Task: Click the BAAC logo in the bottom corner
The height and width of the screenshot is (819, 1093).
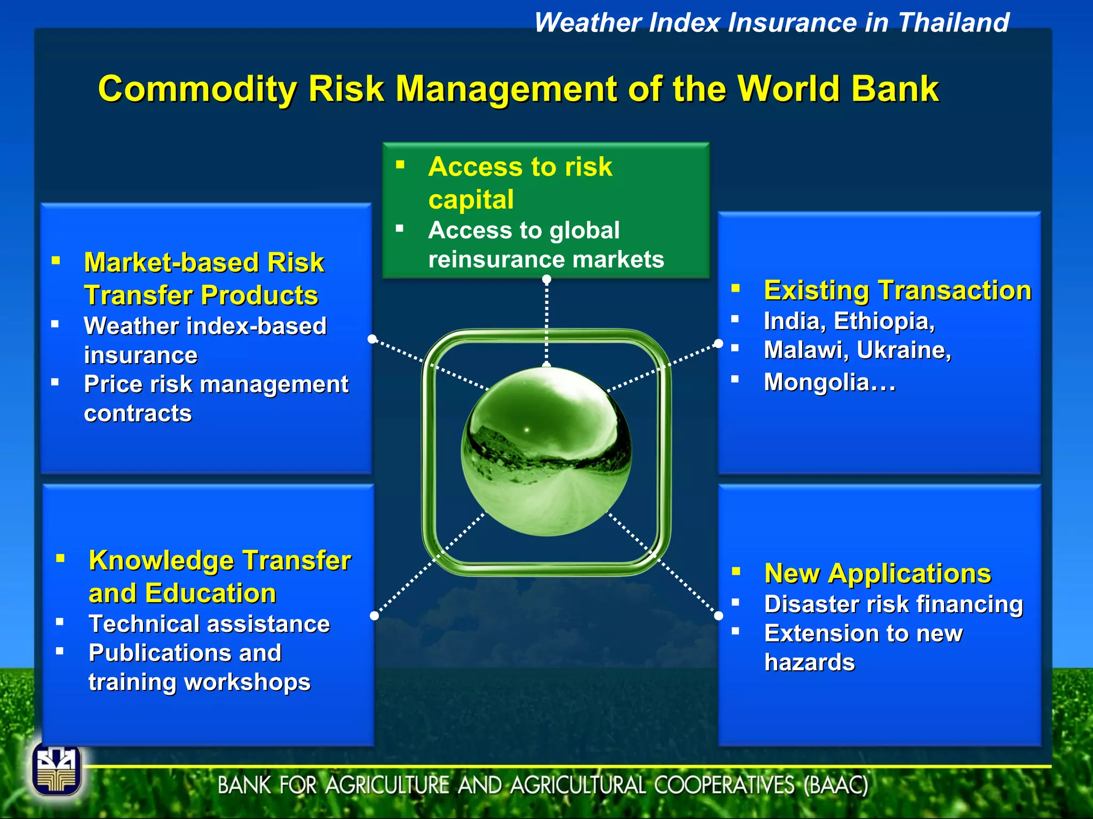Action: [x=57, y=769]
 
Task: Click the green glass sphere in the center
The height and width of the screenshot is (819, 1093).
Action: [x=546, y=451]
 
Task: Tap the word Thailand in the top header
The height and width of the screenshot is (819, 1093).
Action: [x=953, y=23]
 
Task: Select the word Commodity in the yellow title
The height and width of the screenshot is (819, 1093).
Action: [x=197, y=89]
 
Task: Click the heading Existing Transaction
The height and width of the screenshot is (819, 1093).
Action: [x=897, y=291]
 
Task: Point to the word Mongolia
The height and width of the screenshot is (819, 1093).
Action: [x=817, y=382]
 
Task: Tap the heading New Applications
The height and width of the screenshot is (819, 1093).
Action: [x=877, y=574]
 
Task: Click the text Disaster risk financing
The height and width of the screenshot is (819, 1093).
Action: [x=893, y=604]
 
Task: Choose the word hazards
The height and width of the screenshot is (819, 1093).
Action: [x=809, y=663]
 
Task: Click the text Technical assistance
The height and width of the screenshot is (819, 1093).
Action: [x=209, y=624]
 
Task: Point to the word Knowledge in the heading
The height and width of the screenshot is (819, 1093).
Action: [x=161, y=561]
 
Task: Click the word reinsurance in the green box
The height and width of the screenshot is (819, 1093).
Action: [x=488, y=260]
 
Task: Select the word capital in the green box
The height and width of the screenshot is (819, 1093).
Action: [x=471, y=200]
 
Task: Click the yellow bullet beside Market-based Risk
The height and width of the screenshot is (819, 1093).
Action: [x=56, y=261]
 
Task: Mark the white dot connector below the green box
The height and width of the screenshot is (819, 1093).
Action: [x=546, y=279]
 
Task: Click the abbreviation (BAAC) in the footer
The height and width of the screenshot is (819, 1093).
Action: [x=836, y=785]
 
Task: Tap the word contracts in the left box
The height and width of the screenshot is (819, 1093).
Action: [x=138, y=414]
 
